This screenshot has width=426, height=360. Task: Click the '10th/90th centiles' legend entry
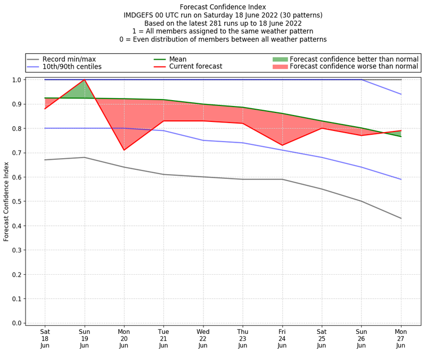pos(72,67)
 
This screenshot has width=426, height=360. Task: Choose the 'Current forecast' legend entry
pos(195,67)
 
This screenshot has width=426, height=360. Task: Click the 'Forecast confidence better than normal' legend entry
pos(354,59)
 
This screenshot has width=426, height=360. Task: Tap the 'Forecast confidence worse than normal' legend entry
pos(354,67)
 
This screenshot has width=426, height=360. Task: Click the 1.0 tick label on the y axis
pos(17,80)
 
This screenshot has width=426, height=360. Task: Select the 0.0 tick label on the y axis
pos(17,323)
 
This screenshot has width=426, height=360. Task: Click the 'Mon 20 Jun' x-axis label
pos(124,338)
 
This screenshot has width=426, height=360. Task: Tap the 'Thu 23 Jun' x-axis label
pos(243,338)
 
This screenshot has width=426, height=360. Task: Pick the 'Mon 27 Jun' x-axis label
pos(401,338)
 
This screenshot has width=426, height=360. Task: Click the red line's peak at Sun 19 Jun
pos(85,80)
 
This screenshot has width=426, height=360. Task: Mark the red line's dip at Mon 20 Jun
pos(124,150)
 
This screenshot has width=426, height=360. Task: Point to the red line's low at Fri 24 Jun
pos(282,145)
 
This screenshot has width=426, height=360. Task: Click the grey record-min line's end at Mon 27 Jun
pos(401,218)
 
